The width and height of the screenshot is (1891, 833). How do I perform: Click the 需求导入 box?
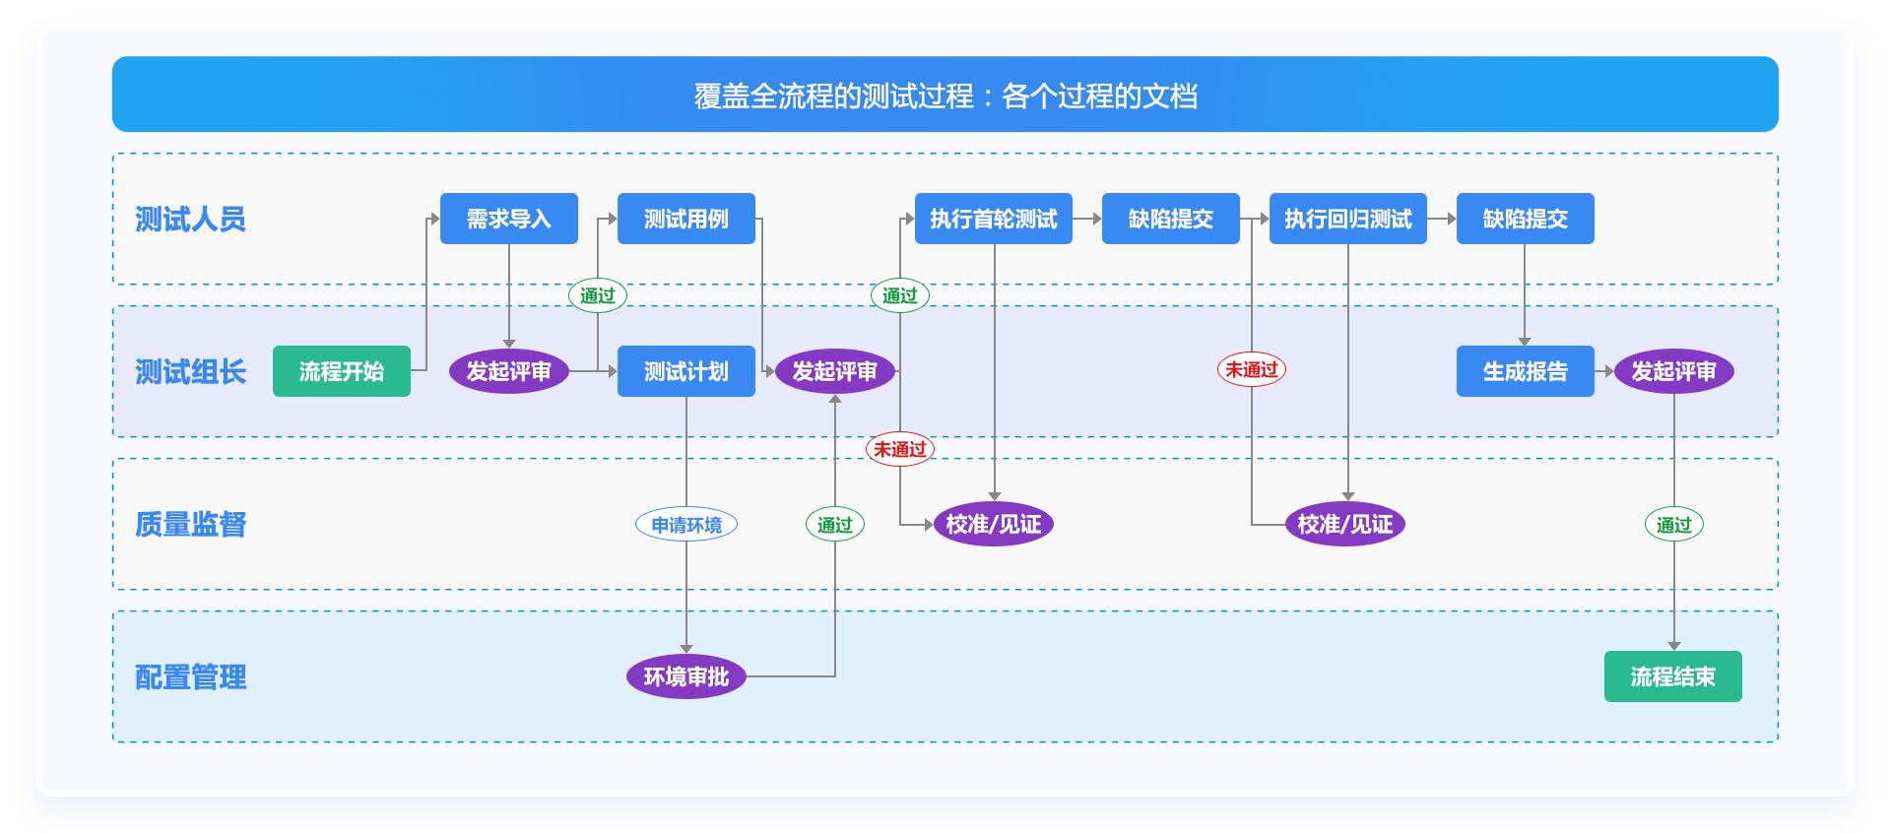click(x=509, y=219)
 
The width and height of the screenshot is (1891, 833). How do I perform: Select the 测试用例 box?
click(x=686, y=219)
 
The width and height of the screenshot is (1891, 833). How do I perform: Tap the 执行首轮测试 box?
click(x=994, y=219)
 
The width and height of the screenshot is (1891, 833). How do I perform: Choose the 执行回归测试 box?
click(x=1348, y=219)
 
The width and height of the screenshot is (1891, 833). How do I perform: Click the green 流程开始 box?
click(x=342, y=371)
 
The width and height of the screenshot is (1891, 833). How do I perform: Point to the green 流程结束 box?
click(x=1673, y=676)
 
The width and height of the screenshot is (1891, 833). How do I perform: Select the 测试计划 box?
click(x=686, y=371)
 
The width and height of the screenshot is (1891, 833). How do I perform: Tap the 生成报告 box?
click(x=1526, y=371)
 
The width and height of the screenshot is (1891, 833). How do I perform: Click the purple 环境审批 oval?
click(x=686, y=676)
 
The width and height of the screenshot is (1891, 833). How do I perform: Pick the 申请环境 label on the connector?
click(x=686, y=525)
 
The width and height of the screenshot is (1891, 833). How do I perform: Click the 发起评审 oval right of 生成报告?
click(x=1674, y=371)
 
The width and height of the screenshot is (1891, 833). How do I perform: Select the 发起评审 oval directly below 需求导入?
click(x=509, y=371)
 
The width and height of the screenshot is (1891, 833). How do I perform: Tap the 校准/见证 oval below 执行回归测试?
click(x=1345, y=524)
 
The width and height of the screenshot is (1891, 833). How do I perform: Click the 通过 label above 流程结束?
click(x=1674, y=525)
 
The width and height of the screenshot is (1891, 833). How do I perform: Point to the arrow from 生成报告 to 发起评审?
click(x=1604, y=371)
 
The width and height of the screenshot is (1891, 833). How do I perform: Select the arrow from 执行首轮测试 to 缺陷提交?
click(x=1087, y=219)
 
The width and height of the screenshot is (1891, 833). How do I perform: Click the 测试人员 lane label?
click(x=191, y=219)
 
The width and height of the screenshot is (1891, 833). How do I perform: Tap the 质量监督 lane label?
click(x=191, y=524)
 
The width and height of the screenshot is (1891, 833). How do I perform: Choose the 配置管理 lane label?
click(x=191, y=677)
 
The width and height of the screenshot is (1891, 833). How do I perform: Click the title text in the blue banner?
click(x=945, y=96)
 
